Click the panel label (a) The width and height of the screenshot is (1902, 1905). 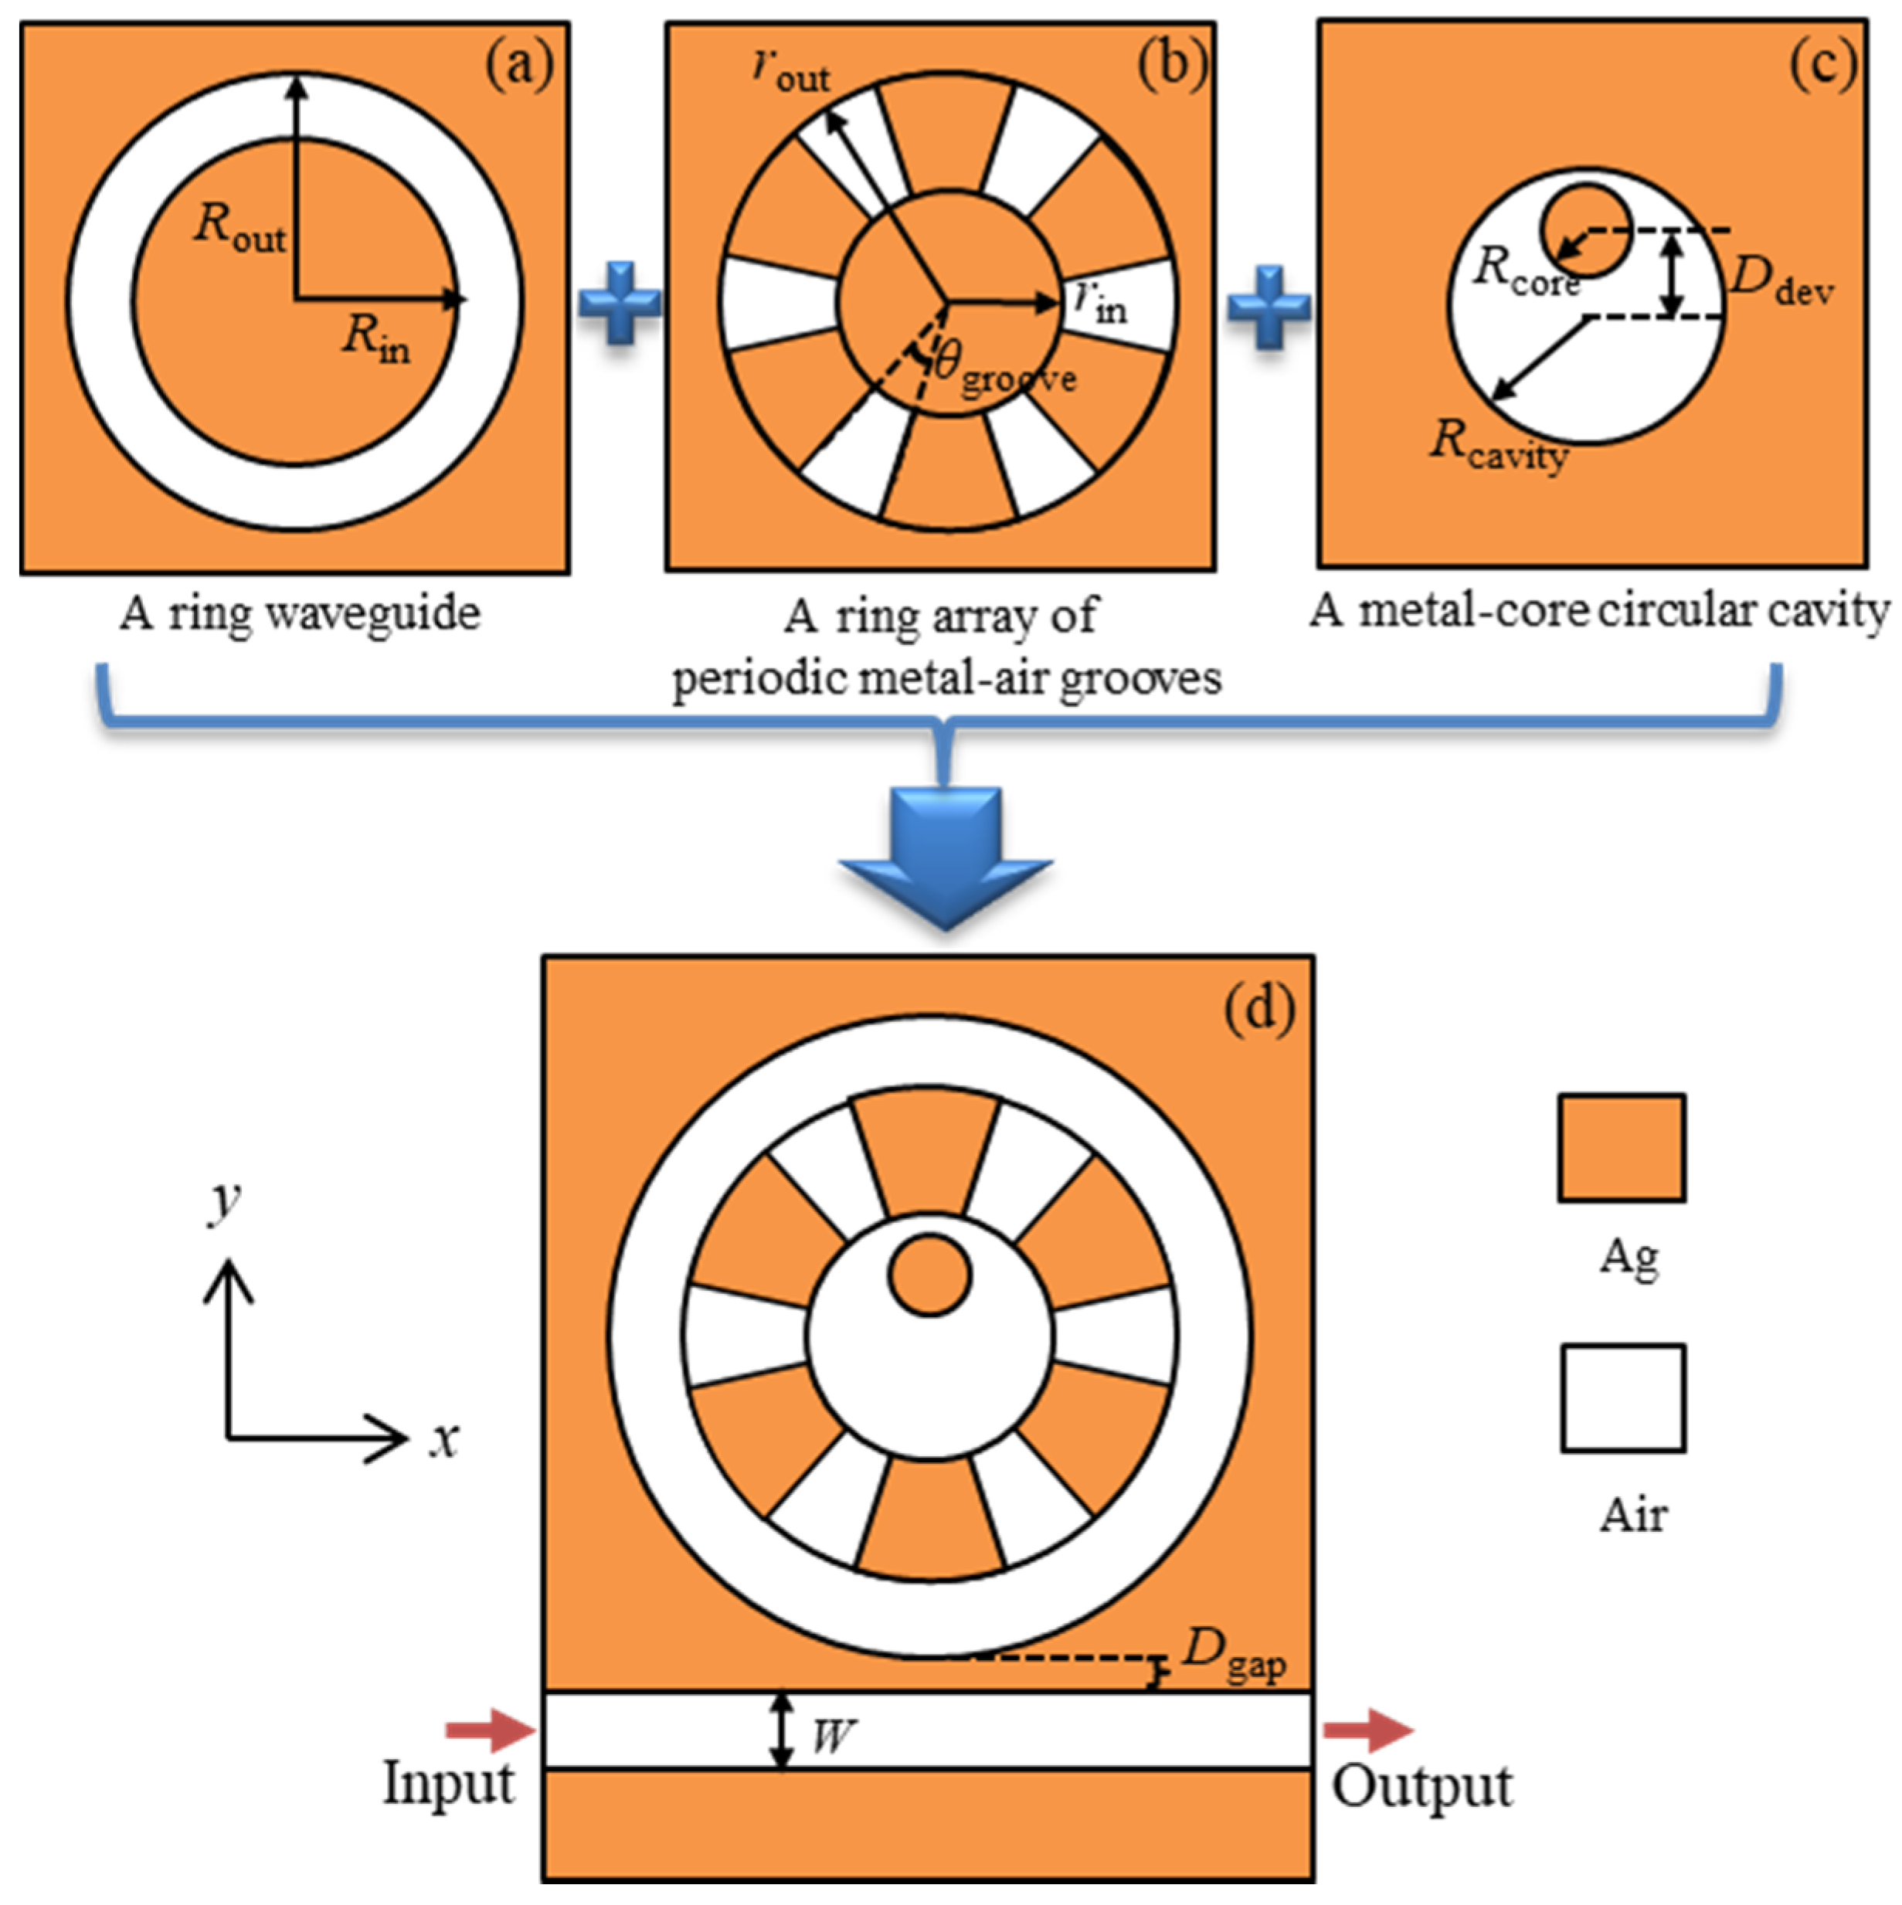[x=520, y=66]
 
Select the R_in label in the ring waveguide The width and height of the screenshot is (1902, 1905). [x=375, y=339]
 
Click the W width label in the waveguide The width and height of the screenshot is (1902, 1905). [x=831, y=1735]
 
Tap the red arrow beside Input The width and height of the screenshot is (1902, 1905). [x=489, y=1729]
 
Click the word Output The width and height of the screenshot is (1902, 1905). [x=1421, y=1787]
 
